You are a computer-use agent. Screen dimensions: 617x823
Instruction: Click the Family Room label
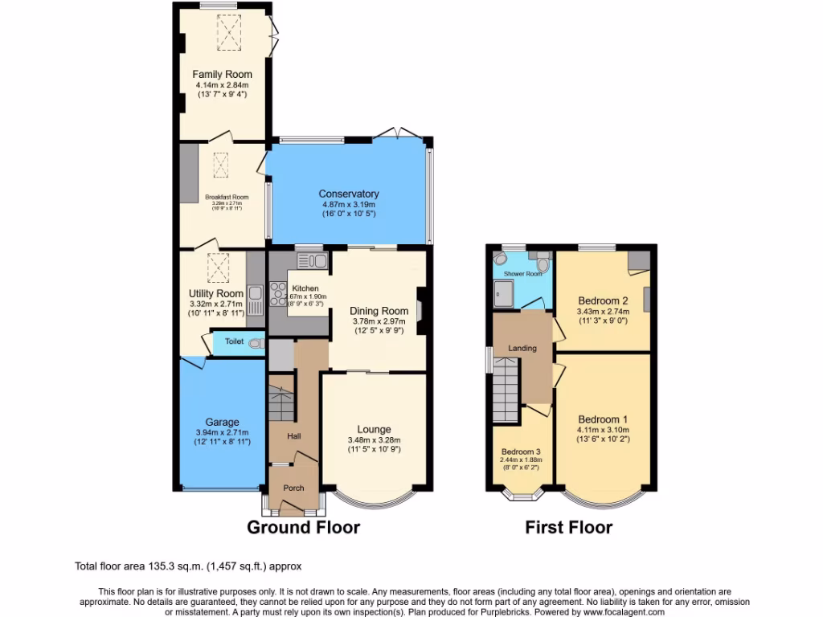(x=222, y=75)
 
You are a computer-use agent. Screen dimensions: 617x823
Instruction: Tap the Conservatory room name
(x=348, y=194)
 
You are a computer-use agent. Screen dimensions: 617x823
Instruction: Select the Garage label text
(x=222, y=422)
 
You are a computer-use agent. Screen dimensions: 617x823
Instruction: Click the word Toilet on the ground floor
(x=234, y=341)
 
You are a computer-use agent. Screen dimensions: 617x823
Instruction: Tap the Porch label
(x=293, y=488)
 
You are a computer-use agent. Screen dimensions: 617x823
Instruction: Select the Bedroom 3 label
(x=522, y=451)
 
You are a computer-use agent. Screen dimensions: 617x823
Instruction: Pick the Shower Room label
(x=522, y=274)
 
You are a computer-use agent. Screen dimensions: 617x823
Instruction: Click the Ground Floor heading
(x=303, y=528)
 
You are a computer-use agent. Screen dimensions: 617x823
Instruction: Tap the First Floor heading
(x=568, y=528)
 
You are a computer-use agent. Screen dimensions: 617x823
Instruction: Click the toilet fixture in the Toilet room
(x=256, y=343)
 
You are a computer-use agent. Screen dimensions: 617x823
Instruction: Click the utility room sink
(x=256, y=302)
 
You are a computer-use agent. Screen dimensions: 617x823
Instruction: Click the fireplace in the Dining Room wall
(x=420, y=309)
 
